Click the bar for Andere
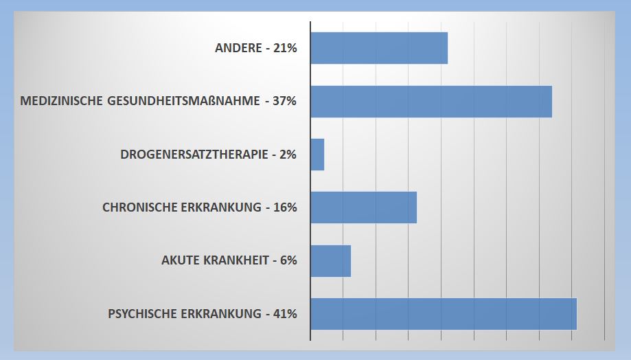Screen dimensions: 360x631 tap(379, 48)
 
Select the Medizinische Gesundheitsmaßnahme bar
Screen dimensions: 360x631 tap(431, 102)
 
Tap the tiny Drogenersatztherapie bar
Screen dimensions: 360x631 tap(317, 155)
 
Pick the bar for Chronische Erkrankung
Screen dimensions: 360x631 tap(363, 207)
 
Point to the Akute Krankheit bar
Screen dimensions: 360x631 tap(330, 261)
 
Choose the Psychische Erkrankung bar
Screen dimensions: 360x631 tap(444, 314)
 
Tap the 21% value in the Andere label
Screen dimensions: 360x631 tap(285, 48)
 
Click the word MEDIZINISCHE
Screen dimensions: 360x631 tap(62, 101)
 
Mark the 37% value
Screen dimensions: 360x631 tap(284, 101)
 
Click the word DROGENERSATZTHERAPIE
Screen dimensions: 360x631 tap(194, 155)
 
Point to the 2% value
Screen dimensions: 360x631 tap(288, 155)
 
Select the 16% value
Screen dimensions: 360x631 tap(285, 207)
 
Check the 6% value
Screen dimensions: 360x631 tap(288, 261)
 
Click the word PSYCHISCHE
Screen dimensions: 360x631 tap(141, 314)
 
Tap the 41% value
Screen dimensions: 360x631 tap(285, 314)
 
